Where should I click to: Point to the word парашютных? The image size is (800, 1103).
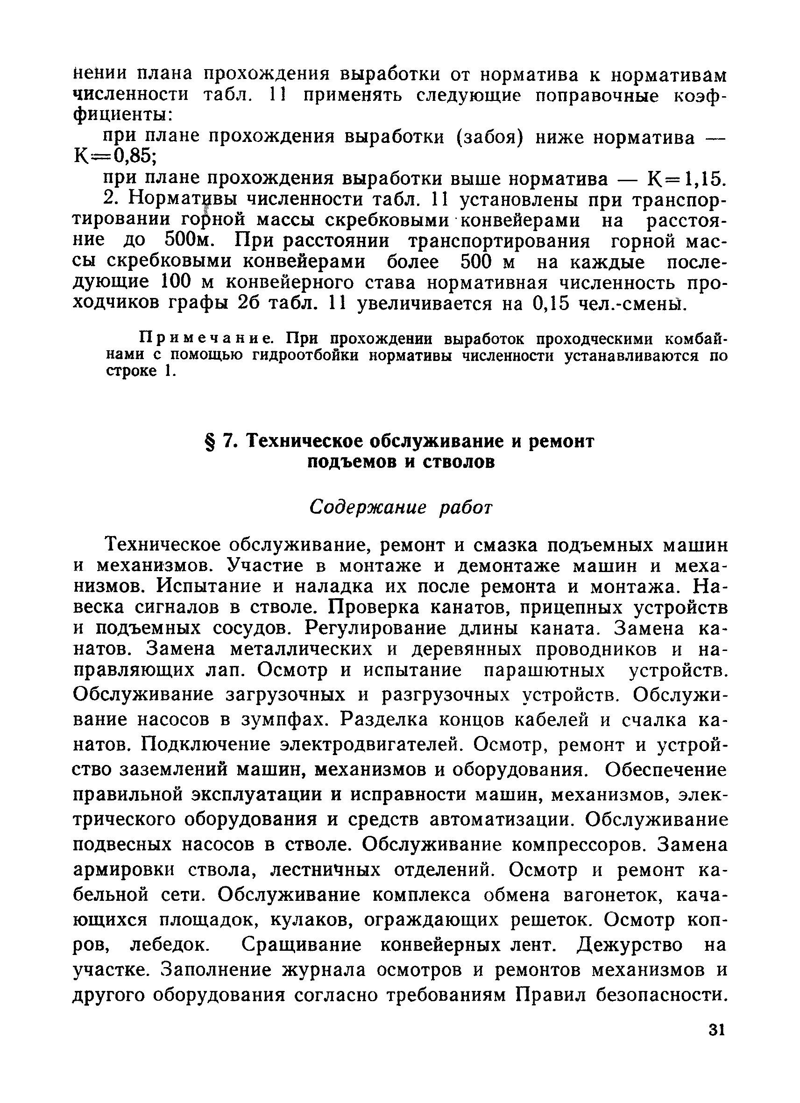tap(545, 671)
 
